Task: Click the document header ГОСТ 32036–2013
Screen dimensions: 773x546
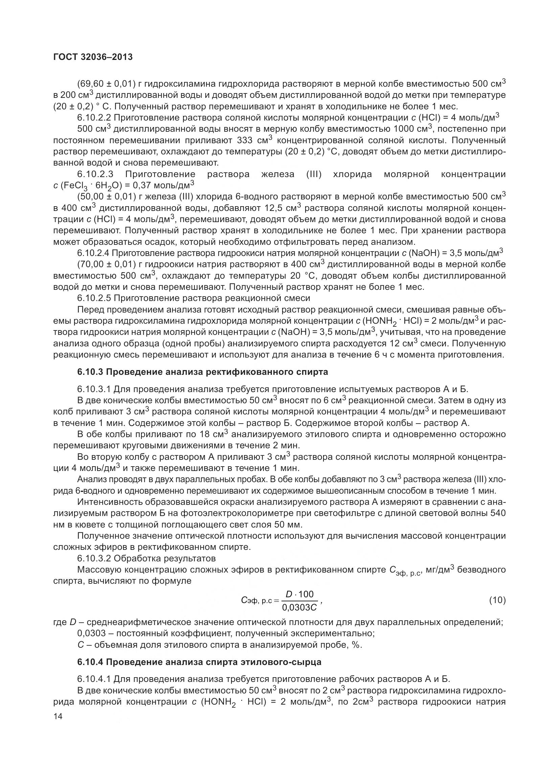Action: pyautogui.click(x=93, y=57)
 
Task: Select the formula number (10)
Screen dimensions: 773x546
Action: pyautogui.click(x=497, y=600)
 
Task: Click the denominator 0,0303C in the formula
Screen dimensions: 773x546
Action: pyautogui.click(x=299, y=607)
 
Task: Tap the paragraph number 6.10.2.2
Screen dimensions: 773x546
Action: pyautogui.click(x=94, y=118)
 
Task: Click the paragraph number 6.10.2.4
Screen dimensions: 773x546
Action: pyautogui.click(x=94, y=253)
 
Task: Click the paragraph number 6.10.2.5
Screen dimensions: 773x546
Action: pyautogui.click(x=94, y=298)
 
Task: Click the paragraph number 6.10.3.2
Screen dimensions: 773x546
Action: pyautogui.click(x=94, y=558)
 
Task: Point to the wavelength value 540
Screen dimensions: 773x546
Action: pyautogui.click(x=497, y=513)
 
